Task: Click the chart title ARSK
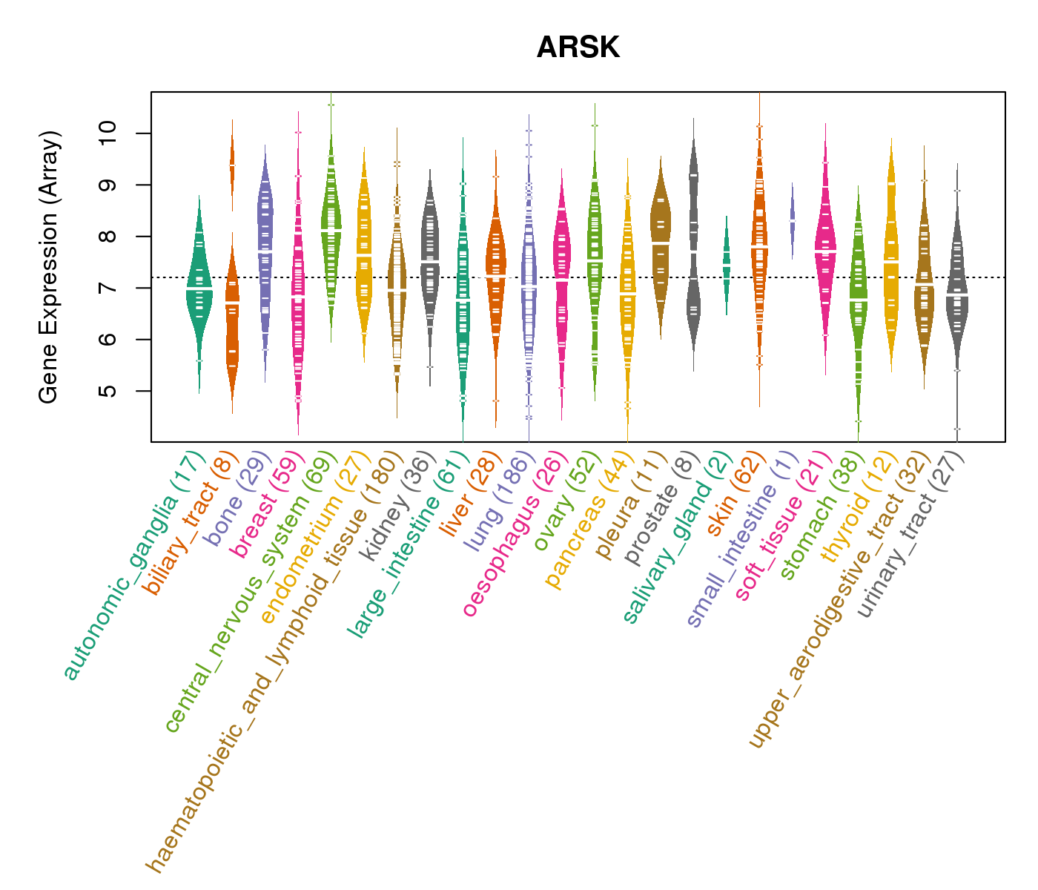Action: click(x=578, y=48)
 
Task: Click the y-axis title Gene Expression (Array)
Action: click(x=49, y=267)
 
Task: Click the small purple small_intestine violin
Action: click(x=792, y=220)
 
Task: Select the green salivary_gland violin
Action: click(x=727, y=267)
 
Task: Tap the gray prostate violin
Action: click(x=693, y=245)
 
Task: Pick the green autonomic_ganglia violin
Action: click(x=199, y=289)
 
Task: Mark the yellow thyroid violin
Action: click(x=891, y=260)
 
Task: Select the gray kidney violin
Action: click(x=429, y=260)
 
